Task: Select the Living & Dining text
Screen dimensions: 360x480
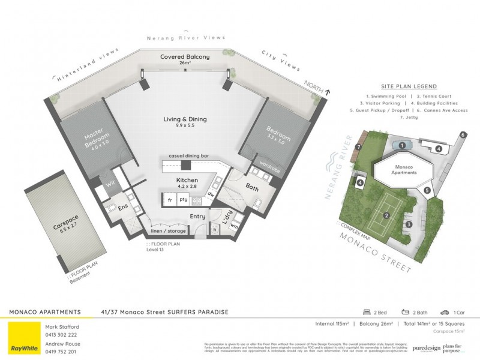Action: [x=185, y=122]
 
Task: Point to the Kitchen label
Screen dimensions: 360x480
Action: [x=186, y=183]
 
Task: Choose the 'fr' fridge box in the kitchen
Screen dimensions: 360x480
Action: [x=170, y=199]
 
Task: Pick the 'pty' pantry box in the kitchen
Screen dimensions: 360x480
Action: [x=184, y=199]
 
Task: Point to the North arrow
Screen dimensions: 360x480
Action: [x=327, y=91]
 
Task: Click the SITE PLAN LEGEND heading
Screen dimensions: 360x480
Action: [x=409, y=86]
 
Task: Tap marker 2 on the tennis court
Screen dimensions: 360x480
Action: [x=387, y=215]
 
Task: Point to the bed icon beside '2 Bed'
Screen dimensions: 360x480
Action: [x=367, y=313]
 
